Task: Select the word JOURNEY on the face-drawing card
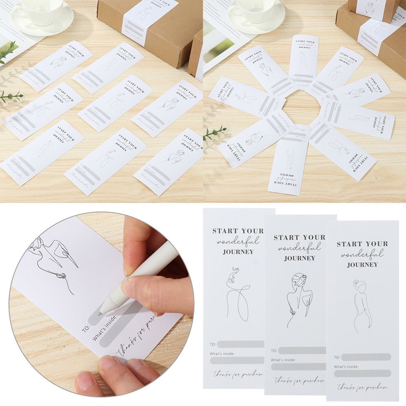point(238,252)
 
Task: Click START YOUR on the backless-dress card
point(362,244)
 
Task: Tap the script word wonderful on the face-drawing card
point(238,241)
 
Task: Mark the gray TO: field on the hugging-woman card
point(302,350)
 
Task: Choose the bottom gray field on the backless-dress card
point(363,373)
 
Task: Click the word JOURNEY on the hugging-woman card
point(300,258)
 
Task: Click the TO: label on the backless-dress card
point(337,357)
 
